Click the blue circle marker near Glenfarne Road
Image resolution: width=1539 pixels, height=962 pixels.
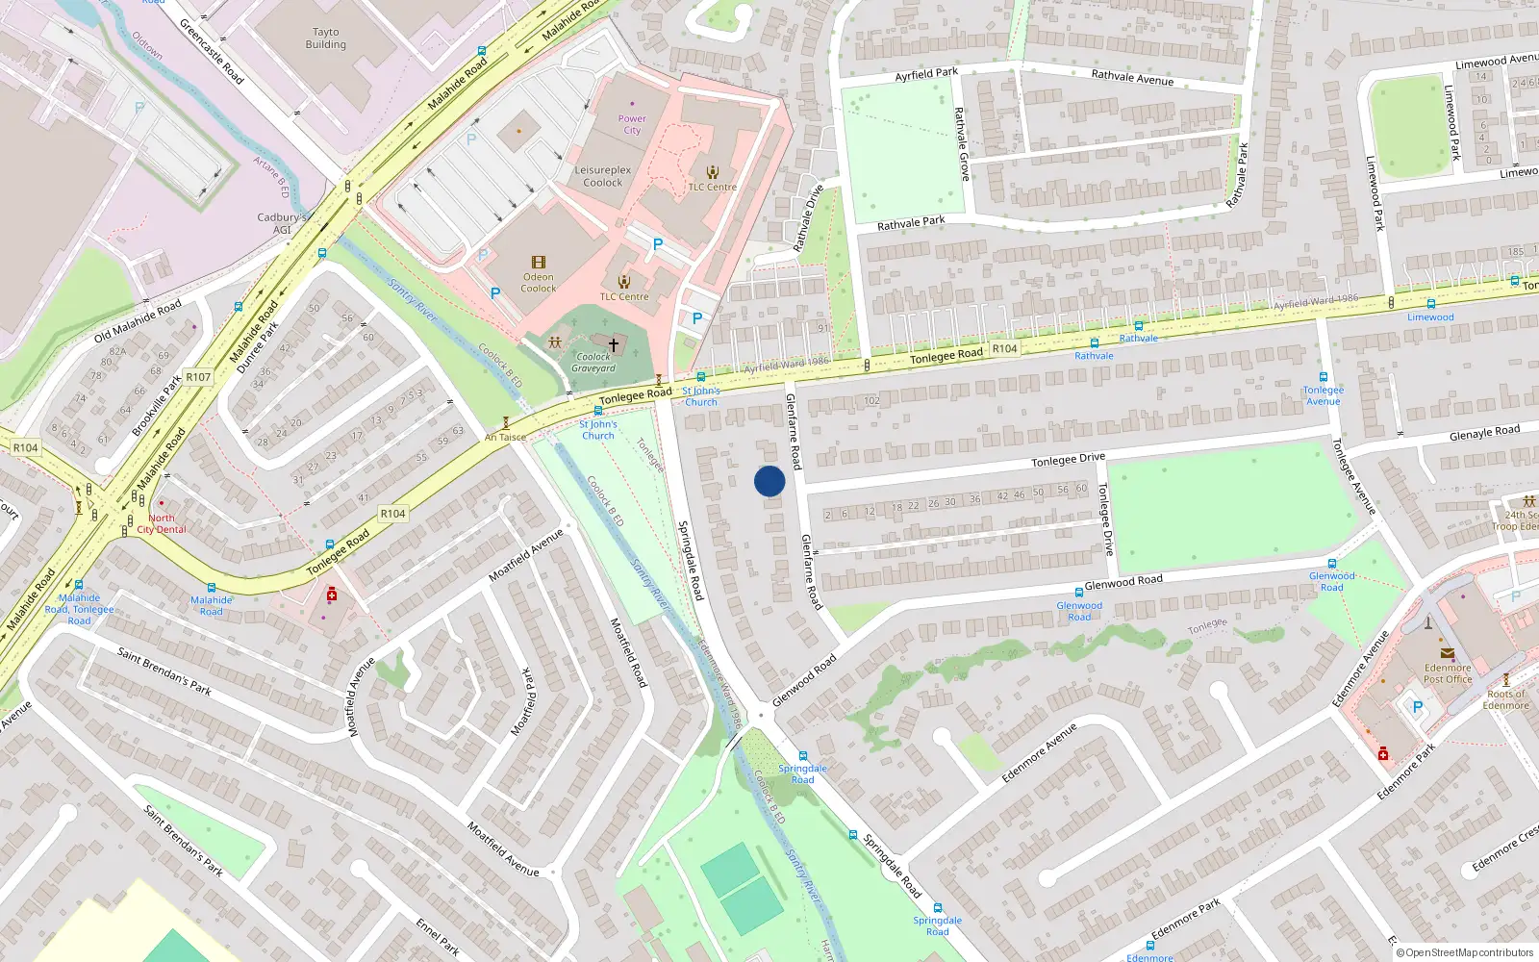pos(769,481)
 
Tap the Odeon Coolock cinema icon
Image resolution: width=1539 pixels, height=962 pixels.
pos(539,262)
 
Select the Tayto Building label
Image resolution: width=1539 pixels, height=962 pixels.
pos(326,38)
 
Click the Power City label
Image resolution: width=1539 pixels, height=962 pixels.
pos(632,124)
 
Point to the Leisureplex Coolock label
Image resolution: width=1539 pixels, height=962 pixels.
pos(603,176)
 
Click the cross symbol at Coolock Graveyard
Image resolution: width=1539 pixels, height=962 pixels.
pos(613,343)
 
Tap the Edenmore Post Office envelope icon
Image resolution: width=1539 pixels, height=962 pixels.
pos(1448,653)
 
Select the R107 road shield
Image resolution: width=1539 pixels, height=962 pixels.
pos(198,377)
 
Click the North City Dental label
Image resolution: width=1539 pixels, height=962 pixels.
pos(162,523)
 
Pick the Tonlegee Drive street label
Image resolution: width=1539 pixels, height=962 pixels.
pos(1068,460)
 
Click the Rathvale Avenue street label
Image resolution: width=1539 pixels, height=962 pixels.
pos(1132,77)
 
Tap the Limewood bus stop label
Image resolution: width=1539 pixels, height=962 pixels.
pos(1430,317)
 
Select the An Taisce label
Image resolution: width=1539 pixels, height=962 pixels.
pos(505,438)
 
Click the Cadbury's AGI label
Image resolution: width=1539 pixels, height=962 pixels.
pos(281,223)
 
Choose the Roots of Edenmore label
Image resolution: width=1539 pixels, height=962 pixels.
pos(1505,699)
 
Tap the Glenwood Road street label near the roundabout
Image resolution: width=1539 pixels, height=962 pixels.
pos(804,681)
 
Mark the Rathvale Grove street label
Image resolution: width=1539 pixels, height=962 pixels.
pos(961,142)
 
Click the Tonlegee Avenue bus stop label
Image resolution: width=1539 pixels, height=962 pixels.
pos(1324,395)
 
